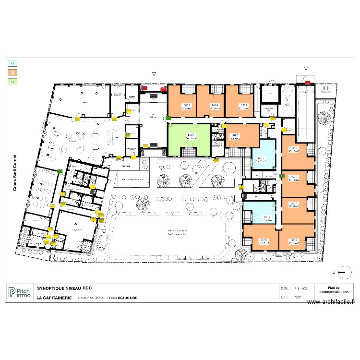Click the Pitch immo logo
(x=19, y=292)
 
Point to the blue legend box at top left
(x=12, y=63)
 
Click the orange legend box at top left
(x=12, y=72)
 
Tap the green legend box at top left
(x=12, y=82)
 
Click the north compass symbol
(x=343, y=272)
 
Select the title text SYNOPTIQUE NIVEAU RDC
(x=64, y=288)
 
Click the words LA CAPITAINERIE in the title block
(x=54, y=298)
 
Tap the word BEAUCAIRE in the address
(x=127, y=298)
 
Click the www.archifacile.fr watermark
(x=331, y=302)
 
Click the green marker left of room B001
(x=168, y=118)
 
